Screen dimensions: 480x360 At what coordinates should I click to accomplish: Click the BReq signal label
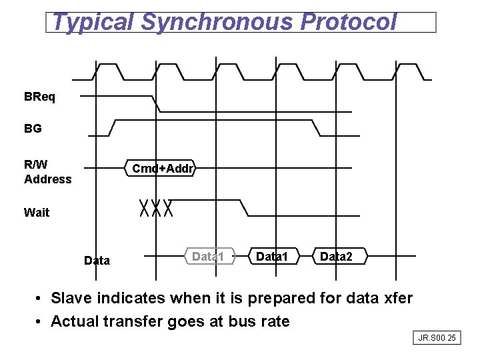tap(40, 97)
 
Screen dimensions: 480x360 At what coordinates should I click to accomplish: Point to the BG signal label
tap(33, 129)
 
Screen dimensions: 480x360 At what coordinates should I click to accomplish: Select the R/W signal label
tap(35, 165)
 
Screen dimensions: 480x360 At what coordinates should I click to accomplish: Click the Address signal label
tap(47, 179)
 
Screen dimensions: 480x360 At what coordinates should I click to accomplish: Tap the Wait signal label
tap(36, 213)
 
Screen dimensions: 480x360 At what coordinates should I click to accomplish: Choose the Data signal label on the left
tap(97, 261)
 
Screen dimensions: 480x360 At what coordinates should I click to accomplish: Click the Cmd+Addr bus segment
tap(163, 169)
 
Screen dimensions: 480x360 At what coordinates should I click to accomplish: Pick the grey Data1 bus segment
tap(208, 256)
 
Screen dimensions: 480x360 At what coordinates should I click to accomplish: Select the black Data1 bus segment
tap(272, 256)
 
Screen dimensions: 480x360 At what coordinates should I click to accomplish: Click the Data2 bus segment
tap(336, 256)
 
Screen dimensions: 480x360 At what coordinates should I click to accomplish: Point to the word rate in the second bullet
tap(276, 321)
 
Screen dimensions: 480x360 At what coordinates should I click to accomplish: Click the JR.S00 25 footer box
tap(437, 339)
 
